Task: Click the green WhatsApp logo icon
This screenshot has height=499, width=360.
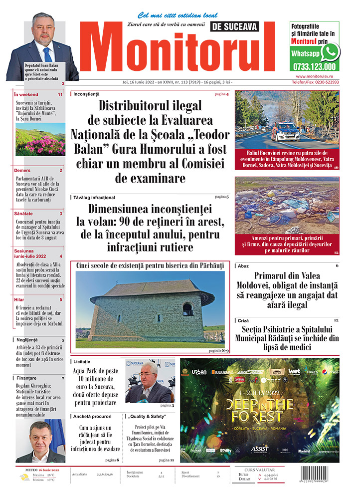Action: tap(330, 52)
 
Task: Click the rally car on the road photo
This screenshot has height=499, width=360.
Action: tap(287, 131)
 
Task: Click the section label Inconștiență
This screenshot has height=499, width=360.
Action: tap(86, 94)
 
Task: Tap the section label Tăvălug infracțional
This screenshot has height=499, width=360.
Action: tap(94, 198)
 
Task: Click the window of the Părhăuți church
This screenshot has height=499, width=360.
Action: tap(187, 309)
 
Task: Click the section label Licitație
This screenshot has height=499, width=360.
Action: tap(82, 361)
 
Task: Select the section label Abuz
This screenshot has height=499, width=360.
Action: tap(243, 266)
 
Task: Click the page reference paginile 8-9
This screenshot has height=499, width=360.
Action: tap(219, 351)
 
